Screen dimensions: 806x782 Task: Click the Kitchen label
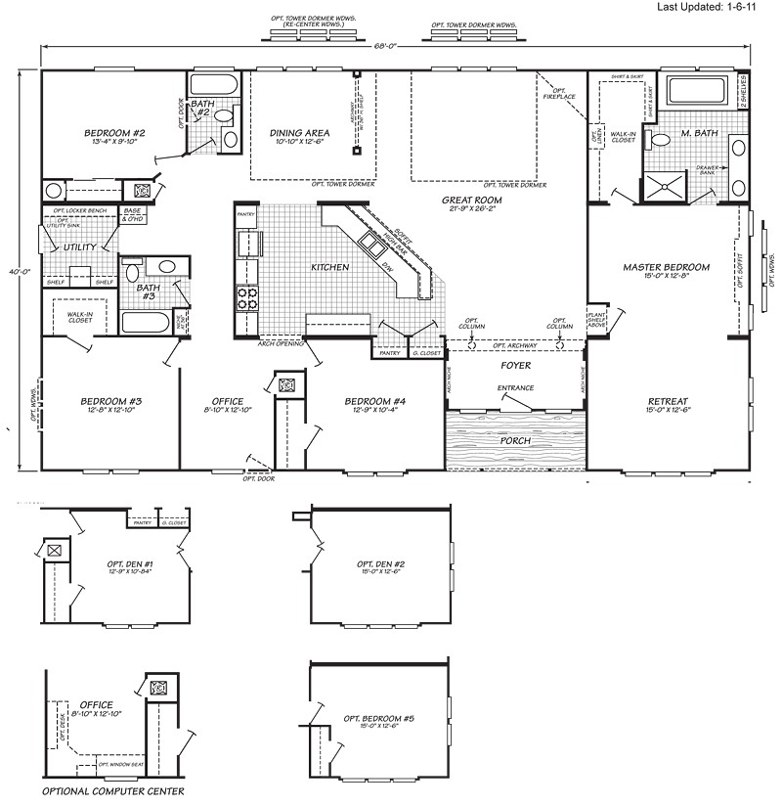coord(330,267)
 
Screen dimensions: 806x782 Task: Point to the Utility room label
coord(79,247)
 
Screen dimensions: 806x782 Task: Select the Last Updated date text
coord(724,8)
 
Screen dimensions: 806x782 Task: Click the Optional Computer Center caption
coord(112,790)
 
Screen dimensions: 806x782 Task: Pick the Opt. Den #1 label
coord(131,564)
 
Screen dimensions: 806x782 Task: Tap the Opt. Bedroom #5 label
coord(380,719)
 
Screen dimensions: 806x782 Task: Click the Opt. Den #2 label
coord(381,564)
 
